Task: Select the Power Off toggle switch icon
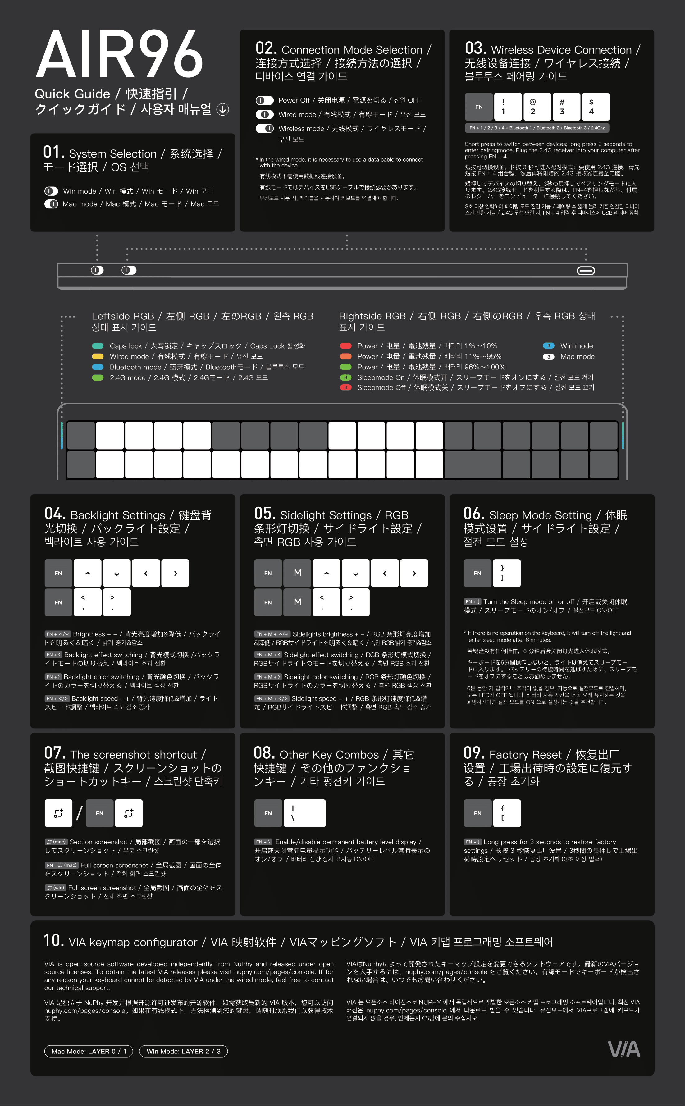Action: pyautogui.click(x=265, y=100)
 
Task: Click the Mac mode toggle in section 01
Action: pyautogui.click(x=51, y=204)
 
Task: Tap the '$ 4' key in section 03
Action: pyautogui.click(x=595, y=107)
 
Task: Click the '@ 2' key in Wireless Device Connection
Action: pyautogui.click(x=537, y=107)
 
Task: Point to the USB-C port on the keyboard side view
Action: pyautogui.click(x=586, y=271)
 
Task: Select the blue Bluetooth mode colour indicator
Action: pyautogui.click(x=98, y=367)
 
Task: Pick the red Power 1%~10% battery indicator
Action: pyautogui.click(x=346, y=346)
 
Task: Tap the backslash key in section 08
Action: pyautogui.click(x=304, y=813)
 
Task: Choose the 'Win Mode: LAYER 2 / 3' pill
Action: pyautogui.click(x=184, y=1051)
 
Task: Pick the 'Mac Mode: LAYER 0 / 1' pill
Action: pyautogui.click(x=89, y=1051)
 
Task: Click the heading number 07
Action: pyautogui.click(x=55, y=753)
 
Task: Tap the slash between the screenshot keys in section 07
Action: pyautogui.click(x=79, y=813)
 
